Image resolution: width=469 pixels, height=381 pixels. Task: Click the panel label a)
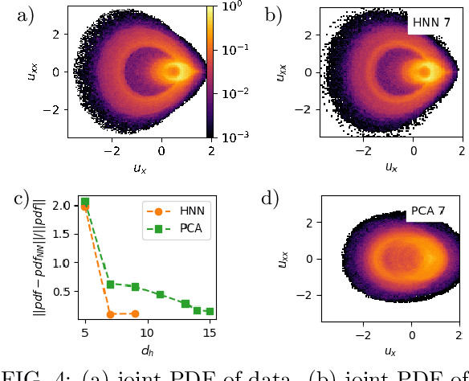(x=18, y=14)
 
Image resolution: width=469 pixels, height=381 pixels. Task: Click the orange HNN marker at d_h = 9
(x=135, y=313)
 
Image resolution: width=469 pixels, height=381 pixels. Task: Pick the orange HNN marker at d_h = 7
(x=110, y=313)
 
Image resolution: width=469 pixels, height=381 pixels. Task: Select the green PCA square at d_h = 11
(x=160, y=294)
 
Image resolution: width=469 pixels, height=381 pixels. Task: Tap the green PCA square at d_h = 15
(x=210, y=311)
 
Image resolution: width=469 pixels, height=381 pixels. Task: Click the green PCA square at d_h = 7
(x=110, y=284)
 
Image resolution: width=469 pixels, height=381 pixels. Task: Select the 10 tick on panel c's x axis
(x=147, y=330)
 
